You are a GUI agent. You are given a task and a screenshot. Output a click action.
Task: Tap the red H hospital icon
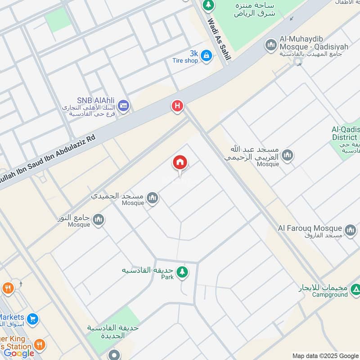[x=178, y=106]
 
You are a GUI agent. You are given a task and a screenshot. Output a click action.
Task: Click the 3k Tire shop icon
[x=206, y=55]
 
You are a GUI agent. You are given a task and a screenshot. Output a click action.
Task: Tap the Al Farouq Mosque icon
[x=350, y=231]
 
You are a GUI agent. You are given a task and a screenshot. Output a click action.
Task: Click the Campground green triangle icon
[x=355, y=288]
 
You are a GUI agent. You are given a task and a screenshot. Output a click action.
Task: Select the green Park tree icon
[x=182, y=271]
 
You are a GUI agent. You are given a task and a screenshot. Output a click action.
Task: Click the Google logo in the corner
[x=19, y=353]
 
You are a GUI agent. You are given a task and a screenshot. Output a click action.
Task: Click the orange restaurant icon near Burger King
[x=40, y=345]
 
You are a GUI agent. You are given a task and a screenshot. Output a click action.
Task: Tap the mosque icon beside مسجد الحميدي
[x=153, y=198]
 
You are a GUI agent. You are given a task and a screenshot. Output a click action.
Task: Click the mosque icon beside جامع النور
[x=99, y=220]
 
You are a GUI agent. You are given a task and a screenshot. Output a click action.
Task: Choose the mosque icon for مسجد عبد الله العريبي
[x=287, y=156]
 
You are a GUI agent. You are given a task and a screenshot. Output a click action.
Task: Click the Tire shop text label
[x=185, y=60]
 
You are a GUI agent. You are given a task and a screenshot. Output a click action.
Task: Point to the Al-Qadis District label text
[x=345, y=133]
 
